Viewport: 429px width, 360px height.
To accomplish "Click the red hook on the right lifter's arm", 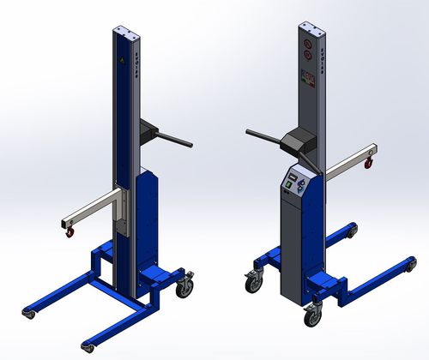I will click(x=370, y=157).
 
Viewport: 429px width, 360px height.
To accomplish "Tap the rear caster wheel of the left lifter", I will click(x=184, y=288).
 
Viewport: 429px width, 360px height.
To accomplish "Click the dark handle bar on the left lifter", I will click(x=172, y=138).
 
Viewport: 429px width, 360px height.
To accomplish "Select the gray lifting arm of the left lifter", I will click(x=94, y=207).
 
